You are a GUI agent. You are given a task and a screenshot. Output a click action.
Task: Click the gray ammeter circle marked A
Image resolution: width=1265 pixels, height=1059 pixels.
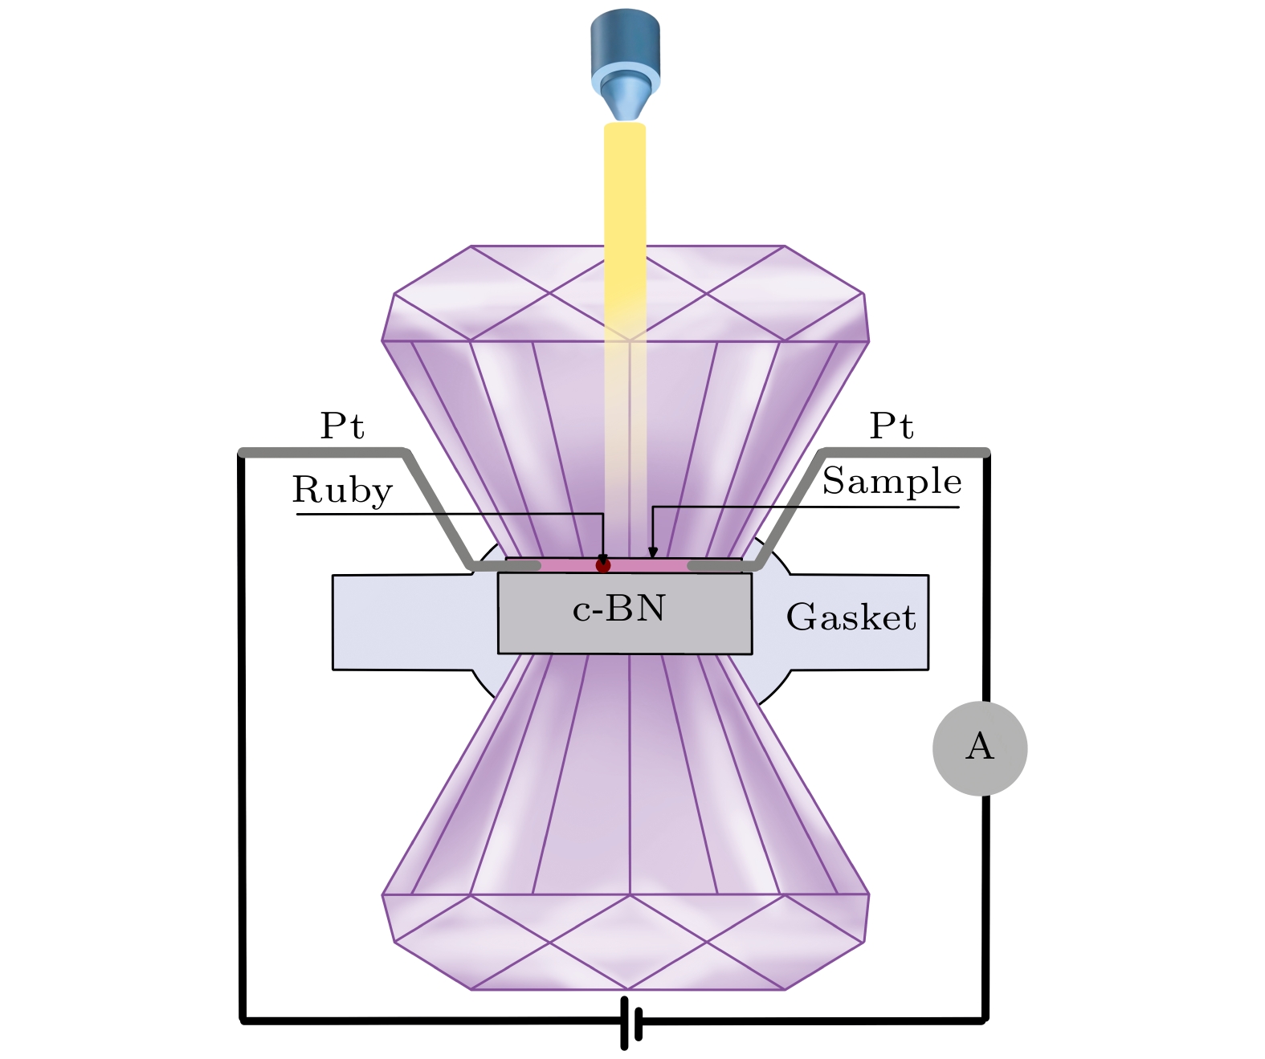(x=979, y=747)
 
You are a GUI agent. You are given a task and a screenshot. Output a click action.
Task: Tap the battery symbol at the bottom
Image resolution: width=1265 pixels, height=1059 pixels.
(x=631, y=1022)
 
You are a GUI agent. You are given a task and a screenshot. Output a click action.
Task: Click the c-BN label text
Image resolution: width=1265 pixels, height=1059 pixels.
(x=618, y=609)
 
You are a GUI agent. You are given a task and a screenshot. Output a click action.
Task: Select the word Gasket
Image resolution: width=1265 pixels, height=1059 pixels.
(x=851, y=617)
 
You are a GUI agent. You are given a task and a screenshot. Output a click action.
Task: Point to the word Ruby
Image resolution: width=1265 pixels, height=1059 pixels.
(x=342, y=490)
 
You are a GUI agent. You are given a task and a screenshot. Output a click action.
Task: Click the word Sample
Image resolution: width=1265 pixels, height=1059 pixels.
(x=892, y=481)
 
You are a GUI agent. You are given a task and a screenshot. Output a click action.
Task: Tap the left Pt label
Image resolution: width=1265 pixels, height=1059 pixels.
(x=342, y=426)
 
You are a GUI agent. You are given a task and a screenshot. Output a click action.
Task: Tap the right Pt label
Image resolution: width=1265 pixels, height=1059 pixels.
(x=892, y=426)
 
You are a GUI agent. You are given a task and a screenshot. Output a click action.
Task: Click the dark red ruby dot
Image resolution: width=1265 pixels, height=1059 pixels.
(x=603, y=565)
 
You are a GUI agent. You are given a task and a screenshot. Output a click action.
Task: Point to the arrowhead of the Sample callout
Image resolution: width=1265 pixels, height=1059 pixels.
(x=653, y=552)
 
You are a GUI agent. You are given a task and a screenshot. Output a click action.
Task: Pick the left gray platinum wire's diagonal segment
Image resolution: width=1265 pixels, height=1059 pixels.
(x=438, y=510)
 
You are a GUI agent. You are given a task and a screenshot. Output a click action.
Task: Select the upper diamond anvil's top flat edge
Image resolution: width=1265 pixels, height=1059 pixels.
(x=626, y=246)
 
